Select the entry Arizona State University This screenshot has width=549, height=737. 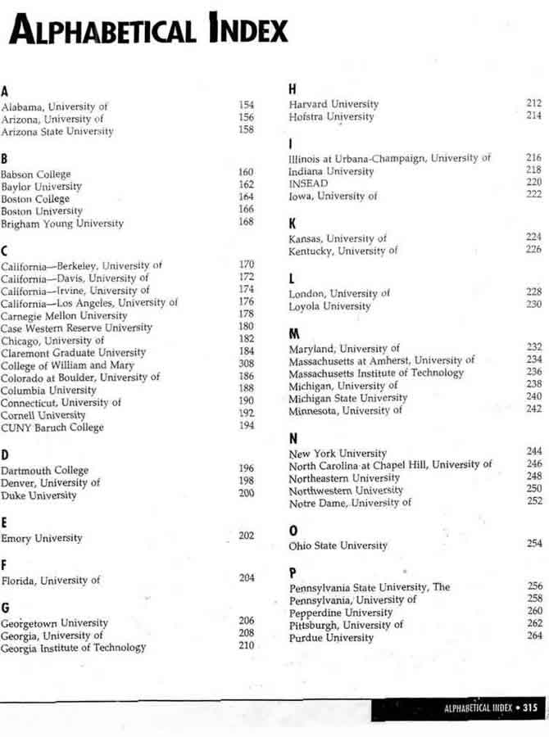coord(57,131)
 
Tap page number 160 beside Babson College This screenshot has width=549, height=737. coord(246,173)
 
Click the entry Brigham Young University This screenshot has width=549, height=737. coord(62,224)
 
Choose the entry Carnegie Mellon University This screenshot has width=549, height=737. coord(64,315)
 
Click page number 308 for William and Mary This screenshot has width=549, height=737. coord(246,364)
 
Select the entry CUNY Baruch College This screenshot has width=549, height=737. coord(52,427)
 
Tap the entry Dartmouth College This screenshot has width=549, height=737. coord(44,470)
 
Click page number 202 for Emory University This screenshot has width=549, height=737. coord(246,536)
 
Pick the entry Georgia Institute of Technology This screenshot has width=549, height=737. coord(73,648)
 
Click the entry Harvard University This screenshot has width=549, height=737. coord(333,104)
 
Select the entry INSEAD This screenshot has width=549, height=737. coord(307,183)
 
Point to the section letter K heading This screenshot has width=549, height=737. coord(293,223)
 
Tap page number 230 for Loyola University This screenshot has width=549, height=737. coord(533,305)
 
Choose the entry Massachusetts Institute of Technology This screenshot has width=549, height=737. coord(376,373)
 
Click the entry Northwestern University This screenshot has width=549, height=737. coord(346,491)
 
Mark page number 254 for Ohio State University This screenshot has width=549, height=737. coord(534,544)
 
